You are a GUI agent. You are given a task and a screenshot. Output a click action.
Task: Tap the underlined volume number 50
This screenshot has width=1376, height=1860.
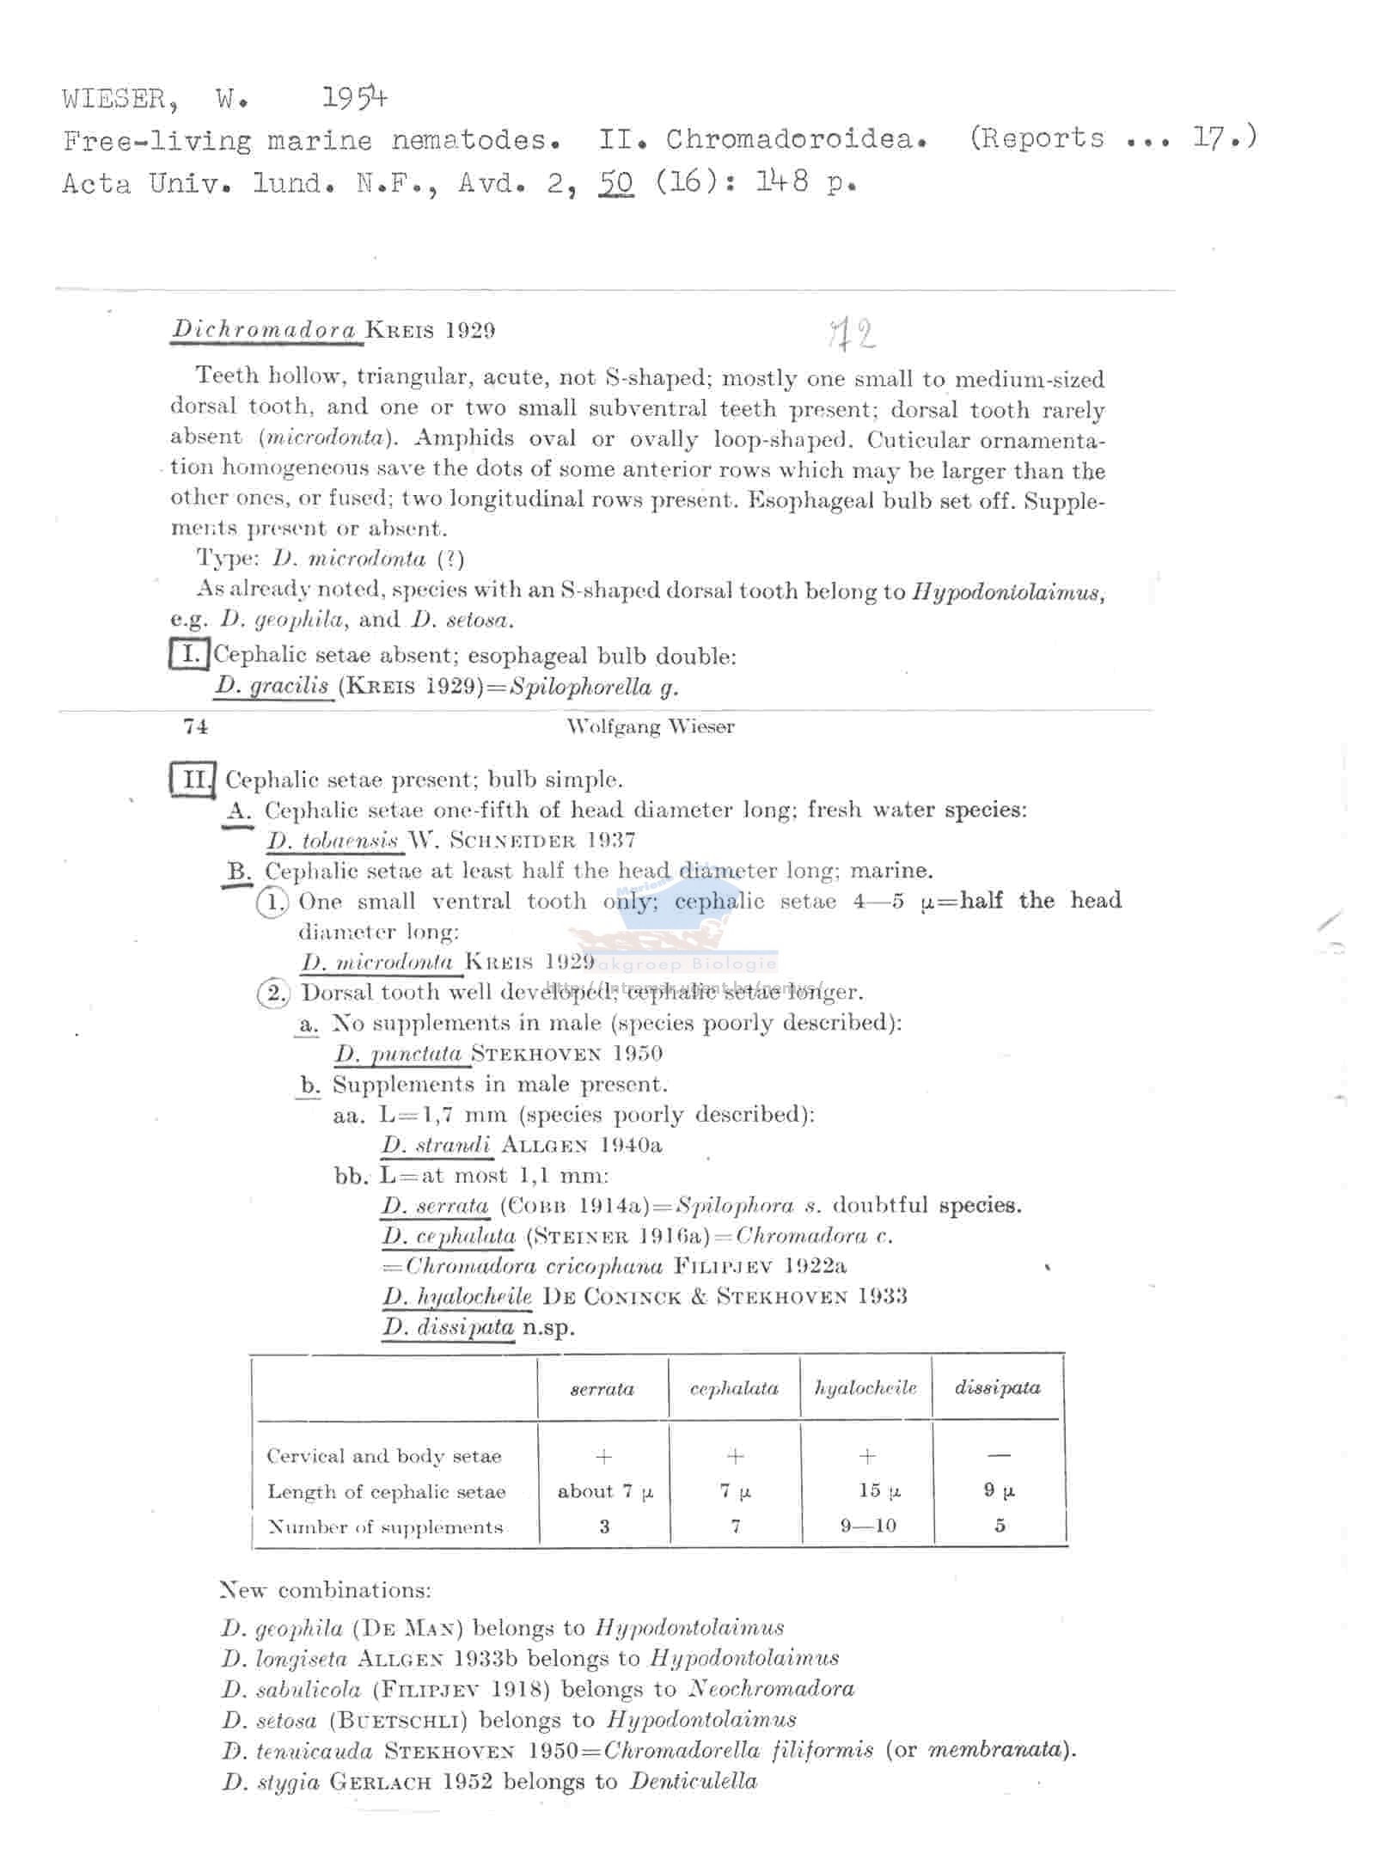click(615, 182)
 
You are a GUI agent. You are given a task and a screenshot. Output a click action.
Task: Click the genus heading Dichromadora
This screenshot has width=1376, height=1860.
click(264, 329)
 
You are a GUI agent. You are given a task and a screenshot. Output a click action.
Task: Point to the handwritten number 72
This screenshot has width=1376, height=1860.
click(851, 333)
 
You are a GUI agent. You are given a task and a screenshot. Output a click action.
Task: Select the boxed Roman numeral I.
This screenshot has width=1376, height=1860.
click(189, 655)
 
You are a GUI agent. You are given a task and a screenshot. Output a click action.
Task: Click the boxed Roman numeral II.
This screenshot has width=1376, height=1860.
click(192, 780)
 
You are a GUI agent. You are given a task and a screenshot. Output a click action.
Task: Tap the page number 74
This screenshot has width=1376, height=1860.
click(195, 727)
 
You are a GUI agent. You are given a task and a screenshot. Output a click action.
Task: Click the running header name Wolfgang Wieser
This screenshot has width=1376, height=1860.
click(650, 727)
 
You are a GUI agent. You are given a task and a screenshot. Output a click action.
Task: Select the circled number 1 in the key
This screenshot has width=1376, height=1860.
click(272, 902)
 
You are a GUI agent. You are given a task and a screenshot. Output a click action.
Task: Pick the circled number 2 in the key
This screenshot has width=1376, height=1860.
click(272, 993)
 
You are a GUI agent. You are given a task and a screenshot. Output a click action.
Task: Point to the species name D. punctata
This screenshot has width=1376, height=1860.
click(400, 1053)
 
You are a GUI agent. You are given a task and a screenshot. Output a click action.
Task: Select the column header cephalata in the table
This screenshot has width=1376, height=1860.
click(734, 1388)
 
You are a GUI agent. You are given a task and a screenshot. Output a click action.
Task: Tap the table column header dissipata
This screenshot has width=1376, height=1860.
click(997, 1387)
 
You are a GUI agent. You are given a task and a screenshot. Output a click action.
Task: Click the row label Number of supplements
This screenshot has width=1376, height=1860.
click(384, 1527)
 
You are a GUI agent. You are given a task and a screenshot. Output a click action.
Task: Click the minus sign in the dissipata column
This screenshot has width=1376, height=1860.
click(999, 1455)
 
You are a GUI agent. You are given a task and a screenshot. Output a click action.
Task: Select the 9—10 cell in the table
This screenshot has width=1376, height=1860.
click(868, 1526)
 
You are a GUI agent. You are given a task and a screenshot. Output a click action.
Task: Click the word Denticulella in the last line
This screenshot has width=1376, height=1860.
click(693, 1780)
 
